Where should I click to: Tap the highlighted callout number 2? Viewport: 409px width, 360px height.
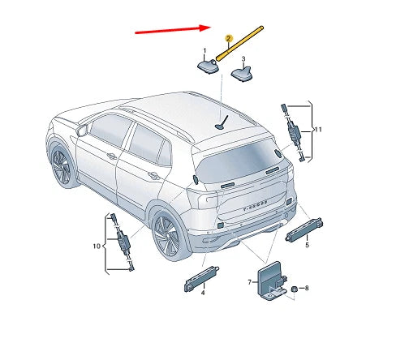[x=228, y=38]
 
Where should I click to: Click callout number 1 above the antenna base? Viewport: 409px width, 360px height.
[x=204, y=50]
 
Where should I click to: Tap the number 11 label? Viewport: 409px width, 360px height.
[x=318, y=130]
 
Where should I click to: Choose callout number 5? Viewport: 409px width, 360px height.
[x=306, y=245]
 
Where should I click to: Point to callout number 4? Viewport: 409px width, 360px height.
[x=202, y=293]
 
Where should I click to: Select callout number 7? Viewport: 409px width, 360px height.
[x=250, y=281]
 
